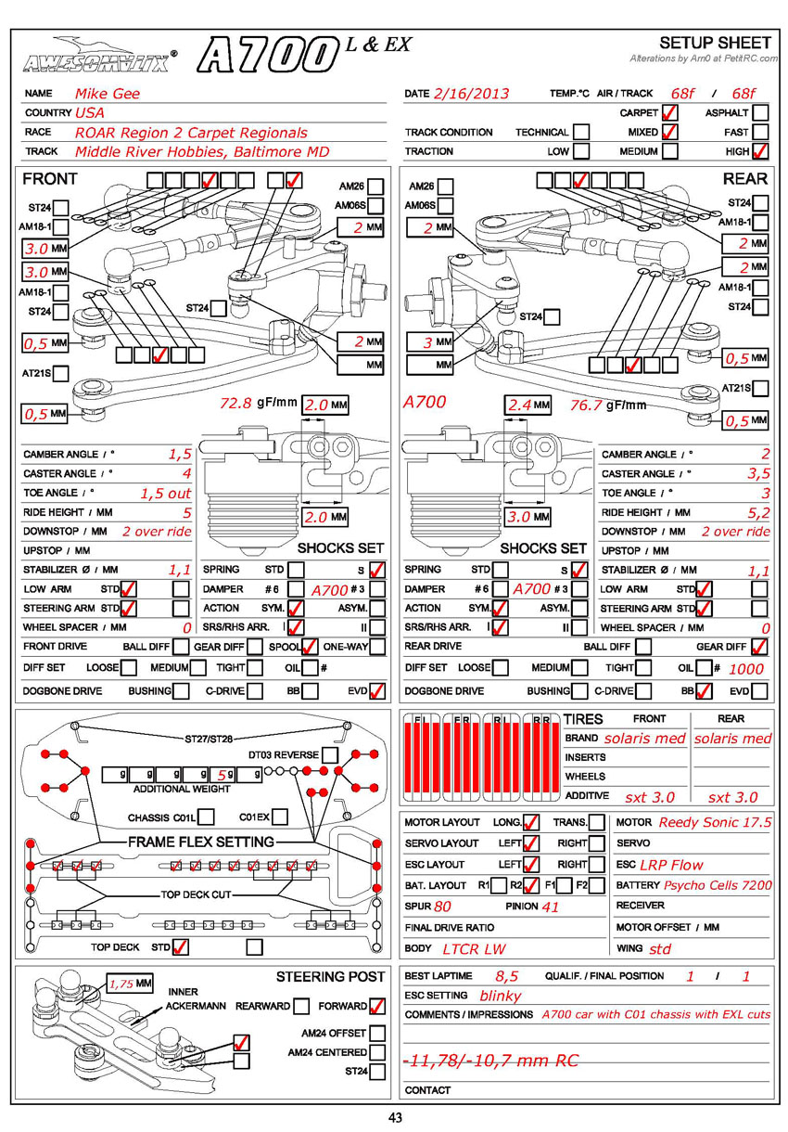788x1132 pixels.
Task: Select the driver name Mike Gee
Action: (x=108, y=94)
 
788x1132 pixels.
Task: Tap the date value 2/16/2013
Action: (x=473, y=94)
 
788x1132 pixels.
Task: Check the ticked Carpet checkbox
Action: (x=670, y=113)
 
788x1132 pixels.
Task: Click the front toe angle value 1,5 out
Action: (x=165, y=494)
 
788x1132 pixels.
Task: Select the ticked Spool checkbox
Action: (x=311, y=648)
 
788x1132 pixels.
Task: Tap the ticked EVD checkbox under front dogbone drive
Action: (x=377, y=691)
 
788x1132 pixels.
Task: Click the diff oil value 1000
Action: (x=746, y=668)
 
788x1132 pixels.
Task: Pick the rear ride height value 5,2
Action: (x=758, y=512)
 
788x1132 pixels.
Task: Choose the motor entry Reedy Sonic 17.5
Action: (x=715, y=823)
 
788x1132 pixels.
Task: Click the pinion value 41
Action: (x=551, y=907)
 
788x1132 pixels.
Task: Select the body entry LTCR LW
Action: (x=474, y=949)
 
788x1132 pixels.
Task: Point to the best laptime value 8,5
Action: (x=506, y=976)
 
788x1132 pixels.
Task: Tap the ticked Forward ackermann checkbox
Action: (x=377, y=1006)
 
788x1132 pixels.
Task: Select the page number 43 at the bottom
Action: (x=395, y=1118)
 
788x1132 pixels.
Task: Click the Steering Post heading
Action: (x=330, y=977)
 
